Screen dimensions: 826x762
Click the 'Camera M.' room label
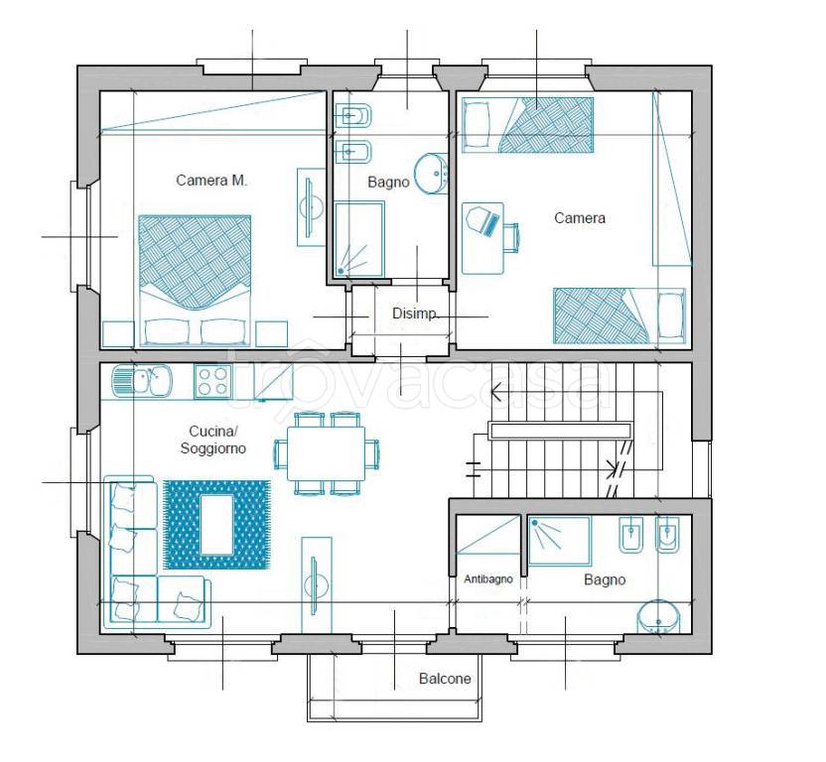tap(211, 181)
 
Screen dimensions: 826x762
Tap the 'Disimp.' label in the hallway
tap(415, 314)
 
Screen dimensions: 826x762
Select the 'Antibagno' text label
tap(488, 579)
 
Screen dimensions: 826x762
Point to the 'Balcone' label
tap(445, 679)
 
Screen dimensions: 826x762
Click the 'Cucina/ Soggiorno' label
tap(212, 440)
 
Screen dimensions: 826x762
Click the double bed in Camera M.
tap(195, 280)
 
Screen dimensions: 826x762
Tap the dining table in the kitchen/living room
tap(326, 453)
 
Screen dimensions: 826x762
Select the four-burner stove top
tap(212, 381)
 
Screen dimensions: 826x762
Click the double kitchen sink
tap(142, 380)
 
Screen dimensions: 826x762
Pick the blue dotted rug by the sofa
tap(216, 525)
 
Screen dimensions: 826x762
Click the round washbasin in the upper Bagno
tap(431, 174)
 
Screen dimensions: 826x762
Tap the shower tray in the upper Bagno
tap(359, 238)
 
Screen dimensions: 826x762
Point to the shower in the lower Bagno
tap(560, 541)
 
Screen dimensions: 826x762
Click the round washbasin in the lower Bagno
tap(658, 617)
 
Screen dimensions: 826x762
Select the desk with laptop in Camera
tap(482, 238)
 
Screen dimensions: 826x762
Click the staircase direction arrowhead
tap(495, 392)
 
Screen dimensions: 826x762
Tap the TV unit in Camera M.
tap(312, 207)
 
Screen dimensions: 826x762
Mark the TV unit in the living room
tap(316, 585)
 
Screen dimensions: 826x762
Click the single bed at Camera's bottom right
tap(619, 316)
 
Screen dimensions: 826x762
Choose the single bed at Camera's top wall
tap(528, 125)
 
